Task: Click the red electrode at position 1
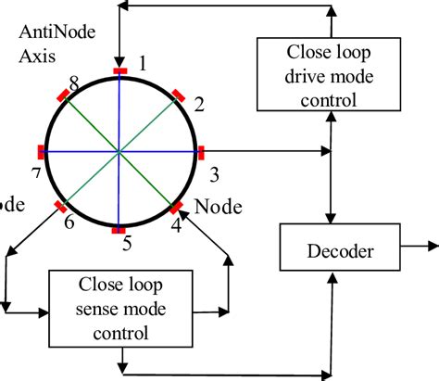[x=119, y=70]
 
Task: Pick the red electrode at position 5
[x=119, y=231]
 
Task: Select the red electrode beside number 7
[x=39, y=150]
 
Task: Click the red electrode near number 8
[x=63, y=94]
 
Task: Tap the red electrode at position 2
[x=177, y=94]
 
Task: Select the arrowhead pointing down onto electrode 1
[x=119, y=60]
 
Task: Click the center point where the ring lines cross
[x=119, y=150]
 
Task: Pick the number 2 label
[x=197, y=104]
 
